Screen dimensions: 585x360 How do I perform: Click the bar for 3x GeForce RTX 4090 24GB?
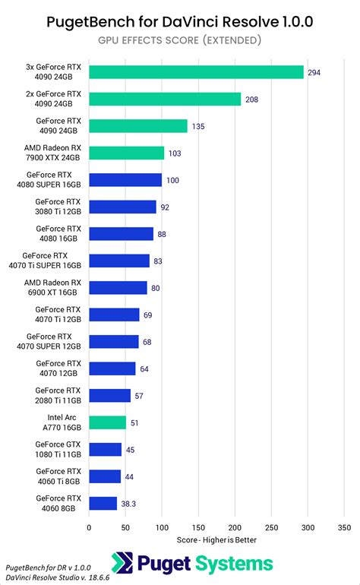pos(196,72)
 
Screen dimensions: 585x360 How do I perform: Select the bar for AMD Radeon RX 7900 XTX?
pos(127,153)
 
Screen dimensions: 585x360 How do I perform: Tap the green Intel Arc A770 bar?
pos(108,422)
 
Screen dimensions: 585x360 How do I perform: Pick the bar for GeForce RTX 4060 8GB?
pos(103,503)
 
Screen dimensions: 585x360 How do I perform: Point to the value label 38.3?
pos(129,503)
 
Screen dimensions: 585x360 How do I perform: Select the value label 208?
pos(254,100)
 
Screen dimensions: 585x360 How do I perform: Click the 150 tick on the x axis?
pos(198,526)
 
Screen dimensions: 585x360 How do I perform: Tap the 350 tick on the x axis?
pos(344,526)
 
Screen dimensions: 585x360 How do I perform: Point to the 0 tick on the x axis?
pos(90,526)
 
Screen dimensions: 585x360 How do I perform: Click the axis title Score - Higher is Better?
pos(216,539)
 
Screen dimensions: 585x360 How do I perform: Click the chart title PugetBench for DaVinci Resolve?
pos(180,21)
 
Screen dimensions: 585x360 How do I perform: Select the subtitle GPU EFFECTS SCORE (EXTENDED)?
pos(180,40)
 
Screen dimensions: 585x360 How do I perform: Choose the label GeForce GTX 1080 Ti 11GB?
pos(58,449)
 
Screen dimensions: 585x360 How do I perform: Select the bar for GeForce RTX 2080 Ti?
pos(110,395)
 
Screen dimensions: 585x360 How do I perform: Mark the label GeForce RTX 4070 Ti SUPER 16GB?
pos(53,261)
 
